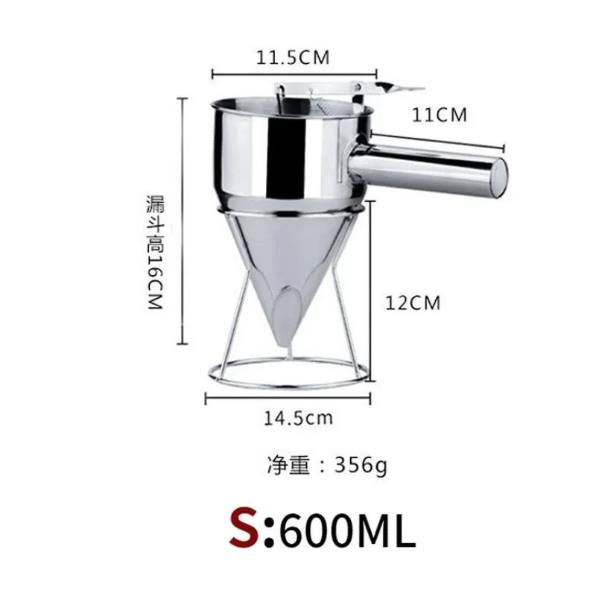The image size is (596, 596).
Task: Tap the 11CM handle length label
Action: point(440,115)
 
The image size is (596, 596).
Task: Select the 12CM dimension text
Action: point(413,303)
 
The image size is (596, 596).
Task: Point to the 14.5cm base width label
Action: point(298,417)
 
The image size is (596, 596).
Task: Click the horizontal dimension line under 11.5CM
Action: point(294,73)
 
